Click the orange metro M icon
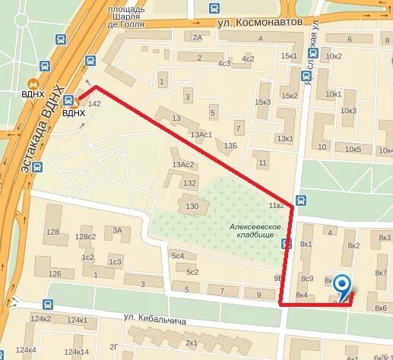[32, 84]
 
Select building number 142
[94, 103]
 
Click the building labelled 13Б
[230, 144]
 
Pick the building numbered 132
[189, 183]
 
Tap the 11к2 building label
[275, 206]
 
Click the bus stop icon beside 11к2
[301, 201]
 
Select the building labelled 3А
[117, 230]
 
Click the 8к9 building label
[306, 278]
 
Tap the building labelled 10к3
[348, 111]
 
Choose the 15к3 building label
[262, 102]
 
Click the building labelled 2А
[198, 36]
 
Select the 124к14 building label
[76, 352]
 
